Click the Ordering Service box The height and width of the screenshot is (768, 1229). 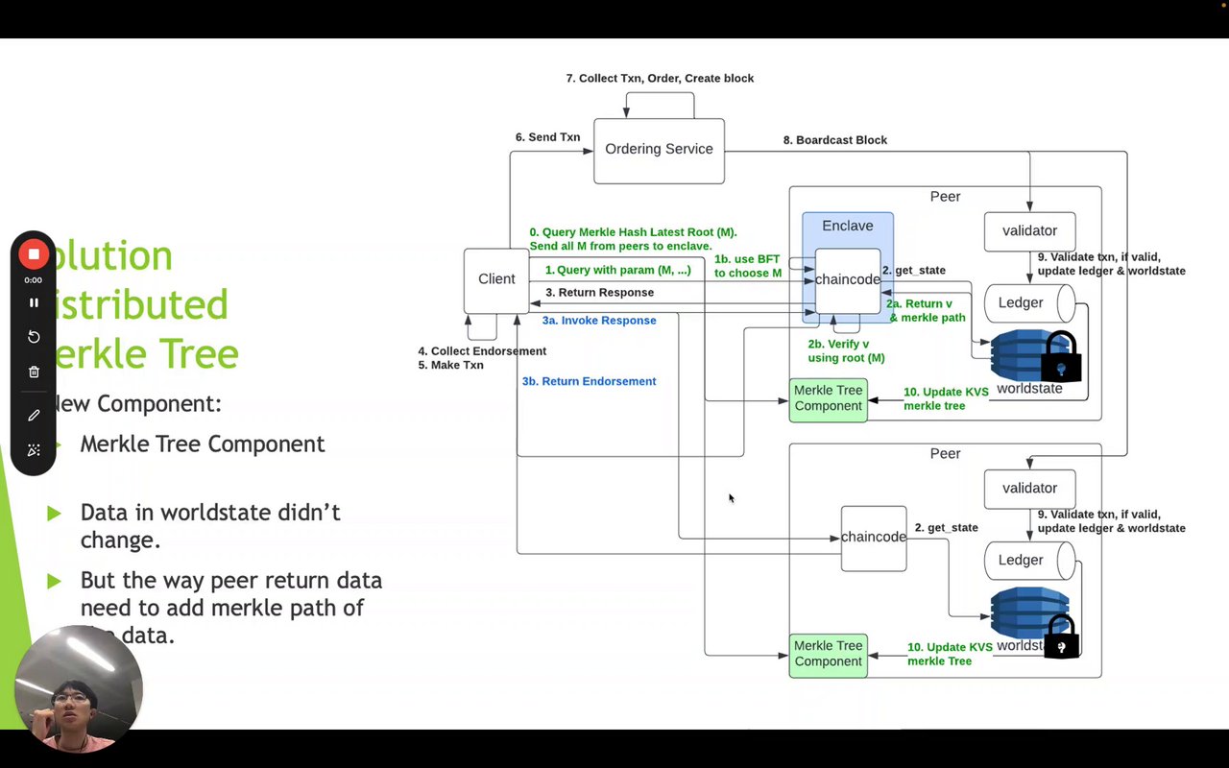(x=659, y=150)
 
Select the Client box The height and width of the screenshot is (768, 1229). (x=496, y=279)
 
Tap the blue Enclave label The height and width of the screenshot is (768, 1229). (x=848, y=227)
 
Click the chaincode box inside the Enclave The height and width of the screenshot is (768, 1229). (x=848, y=280)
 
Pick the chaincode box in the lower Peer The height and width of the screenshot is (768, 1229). (x=874, y=538)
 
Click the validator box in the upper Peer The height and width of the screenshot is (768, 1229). (x=1029, y=231)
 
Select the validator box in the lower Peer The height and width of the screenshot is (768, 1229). (x=1029, y=489)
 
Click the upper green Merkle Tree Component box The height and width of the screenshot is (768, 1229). (x=828, y=398)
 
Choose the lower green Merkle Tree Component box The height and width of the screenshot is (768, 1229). (x=828, y=654)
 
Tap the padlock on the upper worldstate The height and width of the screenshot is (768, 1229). (x=1061, y=359)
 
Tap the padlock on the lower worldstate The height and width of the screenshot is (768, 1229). (x=1061, y=637)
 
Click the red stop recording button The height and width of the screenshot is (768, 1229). (x=34, y=253)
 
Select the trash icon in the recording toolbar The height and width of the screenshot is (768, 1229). (x=34, y=372)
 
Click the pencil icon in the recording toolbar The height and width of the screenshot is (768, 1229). (x=34, y=415)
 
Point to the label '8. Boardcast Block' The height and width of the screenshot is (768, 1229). (x=835, y=140)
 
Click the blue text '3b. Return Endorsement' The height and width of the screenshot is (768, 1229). (x=589, y=382)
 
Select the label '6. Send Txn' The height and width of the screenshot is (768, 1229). (x=547, y=137)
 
